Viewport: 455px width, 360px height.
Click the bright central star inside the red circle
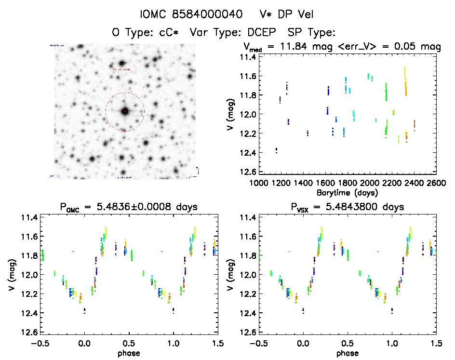click(x=125, y=111)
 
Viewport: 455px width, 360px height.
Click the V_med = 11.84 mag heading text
click(x=316, y=47)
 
